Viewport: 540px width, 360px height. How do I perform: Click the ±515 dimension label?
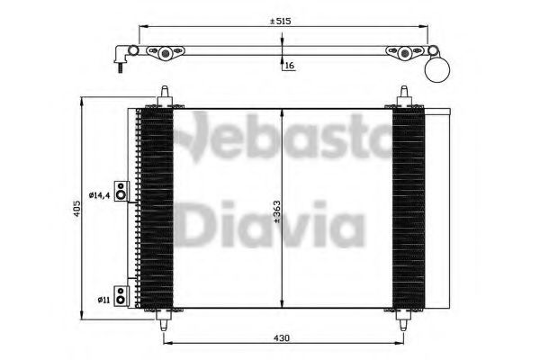(x=283, y=20)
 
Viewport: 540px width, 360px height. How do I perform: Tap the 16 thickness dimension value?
(x=289, y=66)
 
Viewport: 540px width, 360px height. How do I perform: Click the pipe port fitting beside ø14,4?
(x=121, y=191)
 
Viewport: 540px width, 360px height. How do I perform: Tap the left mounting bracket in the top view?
(x=165, y=55)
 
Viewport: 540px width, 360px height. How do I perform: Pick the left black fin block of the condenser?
(x=155, y=208)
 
